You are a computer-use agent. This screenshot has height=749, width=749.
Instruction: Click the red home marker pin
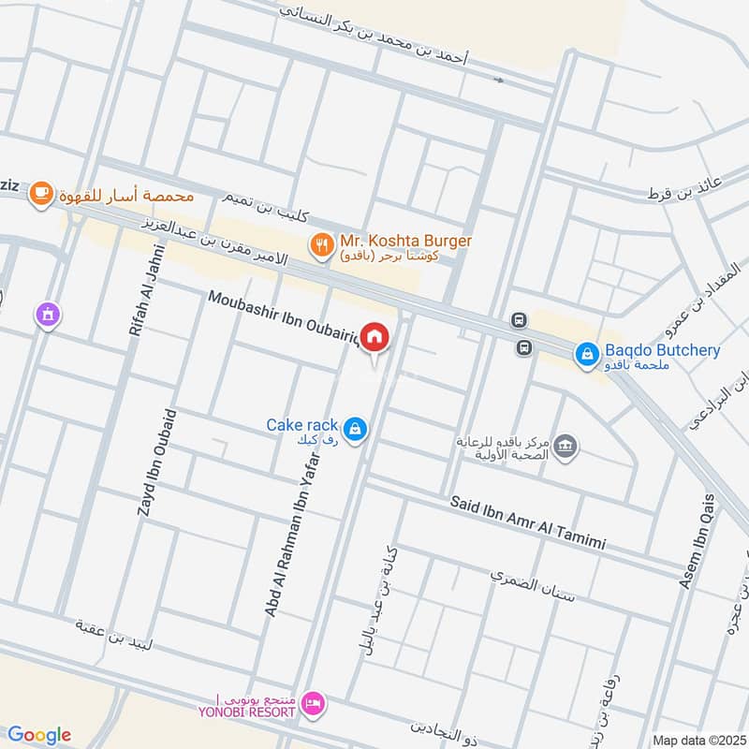pos(375,337)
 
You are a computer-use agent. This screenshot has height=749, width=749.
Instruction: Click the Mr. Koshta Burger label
pos(405,240)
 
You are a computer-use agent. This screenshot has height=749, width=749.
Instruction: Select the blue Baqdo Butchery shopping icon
pos(587,353)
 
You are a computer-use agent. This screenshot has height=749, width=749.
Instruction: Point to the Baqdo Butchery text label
pos(663,351)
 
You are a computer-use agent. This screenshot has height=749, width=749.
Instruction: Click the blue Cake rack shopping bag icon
pos(355,429)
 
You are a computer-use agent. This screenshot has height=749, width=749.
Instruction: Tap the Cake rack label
pos(301,425)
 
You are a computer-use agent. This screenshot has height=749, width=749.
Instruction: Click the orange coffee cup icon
pos(39,193)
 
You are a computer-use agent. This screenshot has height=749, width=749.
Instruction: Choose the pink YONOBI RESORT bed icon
pos(314,701)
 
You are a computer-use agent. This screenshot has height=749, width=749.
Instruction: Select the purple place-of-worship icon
pos(45,316)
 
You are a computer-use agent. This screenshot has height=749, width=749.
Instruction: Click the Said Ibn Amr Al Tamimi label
pos(528,523)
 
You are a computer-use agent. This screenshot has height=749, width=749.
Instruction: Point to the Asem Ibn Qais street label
pos(698,541)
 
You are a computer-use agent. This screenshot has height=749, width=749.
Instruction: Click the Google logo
pos(39,735)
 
